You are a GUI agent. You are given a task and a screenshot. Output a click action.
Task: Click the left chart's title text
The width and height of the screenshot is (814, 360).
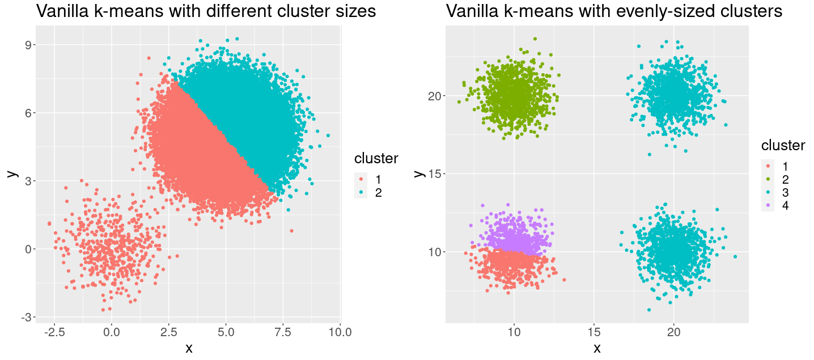(x=206, y=11)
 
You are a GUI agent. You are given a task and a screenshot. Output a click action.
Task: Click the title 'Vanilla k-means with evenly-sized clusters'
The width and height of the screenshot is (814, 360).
(x=614, y=11)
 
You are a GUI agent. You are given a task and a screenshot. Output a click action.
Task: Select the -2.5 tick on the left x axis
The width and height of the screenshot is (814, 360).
(x=53, y=331)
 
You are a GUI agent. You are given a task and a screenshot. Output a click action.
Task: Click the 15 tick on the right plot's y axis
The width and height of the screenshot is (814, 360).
(x=435, y=173)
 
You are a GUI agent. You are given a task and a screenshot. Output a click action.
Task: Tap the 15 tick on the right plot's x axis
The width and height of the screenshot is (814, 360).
(x=593, y=331)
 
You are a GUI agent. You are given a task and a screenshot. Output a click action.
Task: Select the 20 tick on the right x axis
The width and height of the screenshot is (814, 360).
(x=673, y=331)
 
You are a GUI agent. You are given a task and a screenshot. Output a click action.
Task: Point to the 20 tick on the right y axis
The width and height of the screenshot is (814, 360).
(x=435, y=95)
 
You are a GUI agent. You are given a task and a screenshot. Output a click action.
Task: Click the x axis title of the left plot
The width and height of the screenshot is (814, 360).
(x=189, y=348)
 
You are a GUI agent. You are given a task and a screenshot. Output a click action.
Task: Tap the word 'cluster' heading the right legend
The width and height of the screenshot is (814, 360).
(x=783, y=146)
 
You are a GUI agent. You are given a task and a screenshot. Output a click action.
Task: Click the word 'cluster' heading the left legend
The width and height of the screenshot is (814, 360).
(x=376, y=159)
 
